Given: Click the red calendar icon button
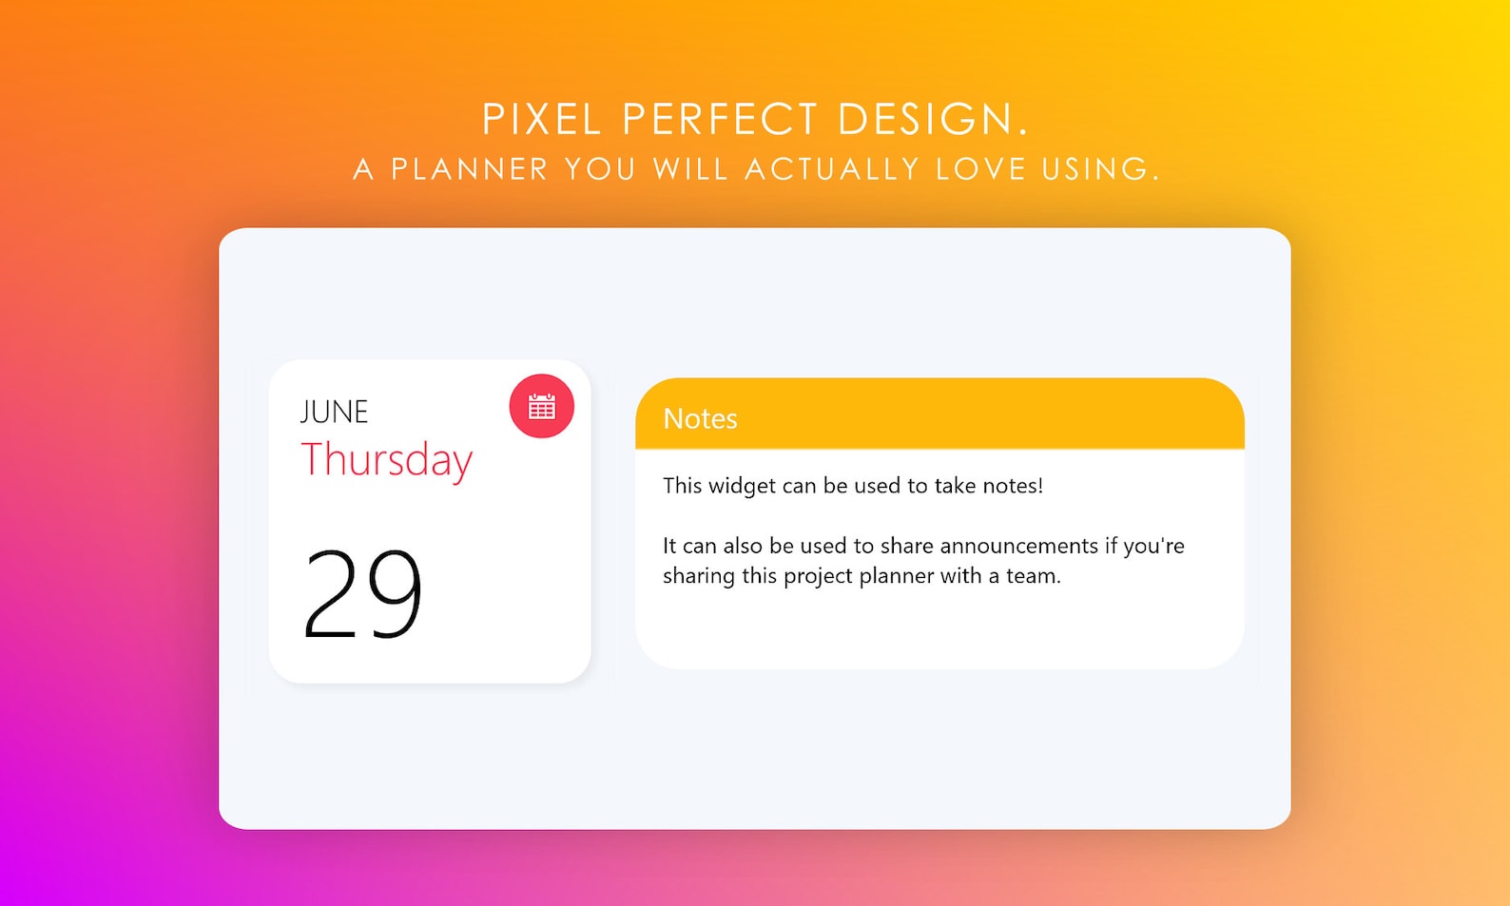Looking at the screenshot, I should coord(541,407).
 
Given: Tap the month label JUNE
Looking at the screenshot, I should coord(334,412).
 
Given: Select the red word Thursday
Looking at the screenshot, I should coord(386,460).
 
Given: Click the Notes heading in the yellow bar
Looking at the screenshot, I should coord(700,419).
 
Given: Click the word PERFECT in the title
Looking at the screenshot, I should coord(720,120).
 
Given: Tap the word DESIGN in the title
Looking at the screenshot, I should coord(925,120).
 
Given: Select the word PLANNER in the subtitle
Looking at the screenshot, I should coord(470,169).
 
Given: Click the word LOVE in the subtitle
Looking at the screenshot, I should coord(979,169).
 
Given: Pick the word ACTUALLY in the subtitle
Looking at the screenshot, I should coord(832,169).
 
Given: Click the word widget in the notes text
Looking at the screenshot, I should coord(742,486).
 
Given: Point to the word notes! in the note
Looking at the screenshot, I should coord(1012,486).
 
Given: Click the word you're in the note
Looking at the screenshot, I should coord(1153,547).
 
